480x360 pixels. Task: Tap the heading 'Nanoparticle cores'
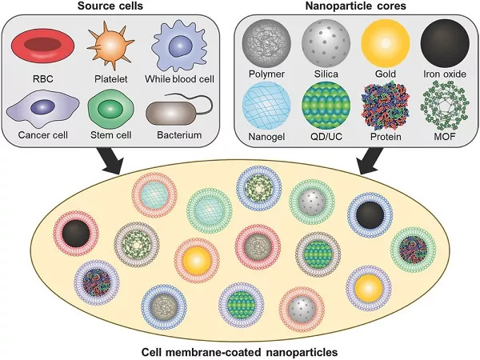[356, 6]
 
